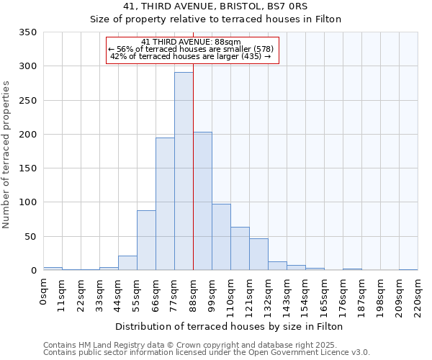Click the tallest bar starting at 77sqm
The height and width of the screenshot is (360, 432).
(184, 171)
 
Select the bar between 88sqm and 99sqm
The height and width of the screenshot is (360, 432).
(202, 202)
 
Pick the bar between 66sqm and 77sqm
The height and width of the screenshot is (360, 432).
(165, 204)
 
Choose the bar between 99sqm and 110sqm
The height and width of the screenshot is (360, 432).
(221, 238)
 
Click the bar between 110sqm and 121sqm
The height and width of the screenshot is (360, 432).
(240, 249)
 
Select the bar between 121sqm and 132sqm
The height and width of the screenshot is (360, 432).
(258, 255)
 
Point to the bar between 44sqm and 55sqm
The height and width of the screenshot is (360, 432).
(127, 264)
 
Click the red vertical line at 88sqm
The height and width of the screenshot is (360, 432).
(193, 180)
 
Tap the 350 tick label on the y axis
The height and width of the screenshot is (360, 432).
(28, 32)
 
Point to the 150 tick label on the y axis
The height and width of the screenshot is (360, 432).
(28, 168)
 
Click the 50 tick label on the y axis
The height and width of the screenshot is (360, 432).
(30, 237)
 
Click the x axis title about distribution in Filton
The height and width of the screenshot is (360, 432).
(230, 326)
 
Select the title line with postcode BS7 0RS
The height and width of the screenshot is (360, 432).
(215, 6)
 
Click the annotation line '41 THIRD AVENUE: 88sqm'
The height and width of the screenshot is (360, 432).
(191, 42)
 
